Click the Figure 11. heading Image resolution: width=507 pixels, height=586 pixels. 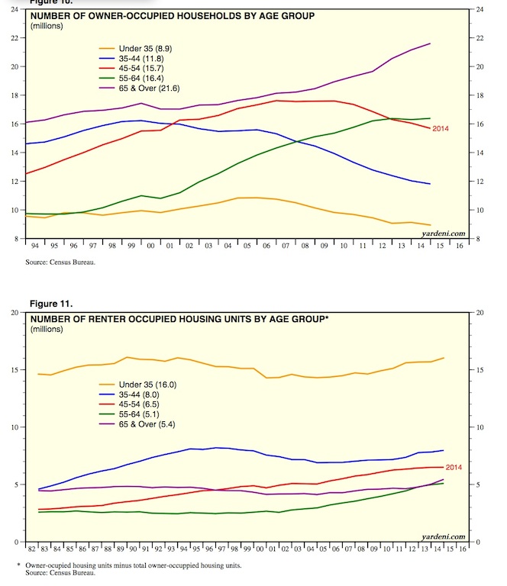[51, 303]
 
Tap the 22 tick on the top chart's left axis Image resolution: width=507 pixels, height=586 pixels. [15, 37]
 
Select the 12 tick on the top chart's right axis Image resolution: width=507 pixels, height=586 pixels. [480, 181]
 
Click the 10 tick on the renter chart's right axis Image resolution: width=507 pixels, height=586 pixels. [480, 427]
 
